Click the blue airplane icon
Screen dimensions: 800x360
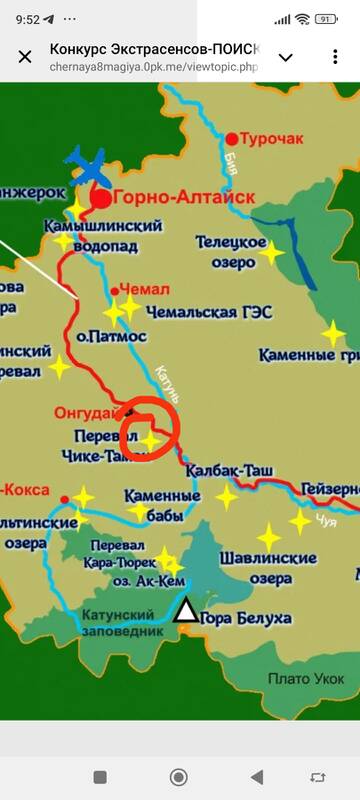pos(90,166)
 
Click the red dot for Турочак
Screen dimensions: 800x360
pos(233,139)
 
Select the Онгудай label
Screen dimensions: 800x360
pos(86,412)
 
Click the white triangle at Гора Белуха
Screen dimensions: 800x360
pos(185,610)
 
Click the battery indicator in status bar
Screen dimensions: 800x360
pos(326,18)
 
